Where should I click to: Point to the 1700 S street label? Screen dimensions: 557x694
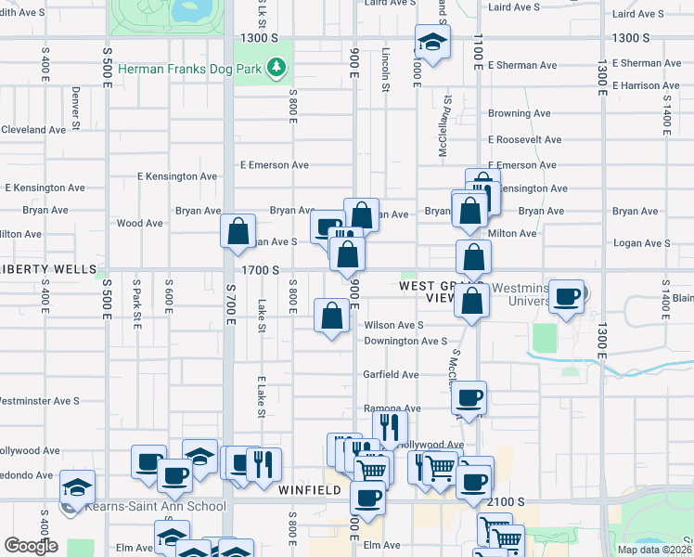click(261, 269)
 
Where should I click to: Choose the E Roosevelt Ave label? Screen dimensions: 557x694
click(524, 139)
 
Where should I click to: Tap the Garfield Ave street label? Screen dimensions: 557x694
click(391, 374)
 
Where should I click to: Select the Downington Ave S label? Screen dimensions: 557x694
click(405, 341)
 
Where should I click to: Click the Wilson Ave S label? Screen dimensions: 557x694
click(393, 325)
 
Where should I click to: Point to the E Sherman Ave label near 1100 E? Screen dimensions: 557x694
click(522, 65)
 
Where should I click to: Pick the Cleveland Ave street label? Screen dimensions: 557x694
click(32, 130)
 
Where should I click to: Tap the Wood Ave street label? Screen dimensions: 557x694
click(140, 223)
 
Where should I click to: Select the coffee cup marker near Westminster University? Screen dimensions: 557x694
click(567, 297)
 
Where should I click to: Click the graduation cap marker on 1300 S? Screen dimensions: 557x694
click(432, 42)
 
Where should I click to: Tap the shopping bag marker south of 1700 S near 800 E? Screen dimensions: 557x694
click(332, 316)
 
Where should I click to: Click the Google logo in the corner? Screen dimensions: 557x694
click(31, 546)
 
